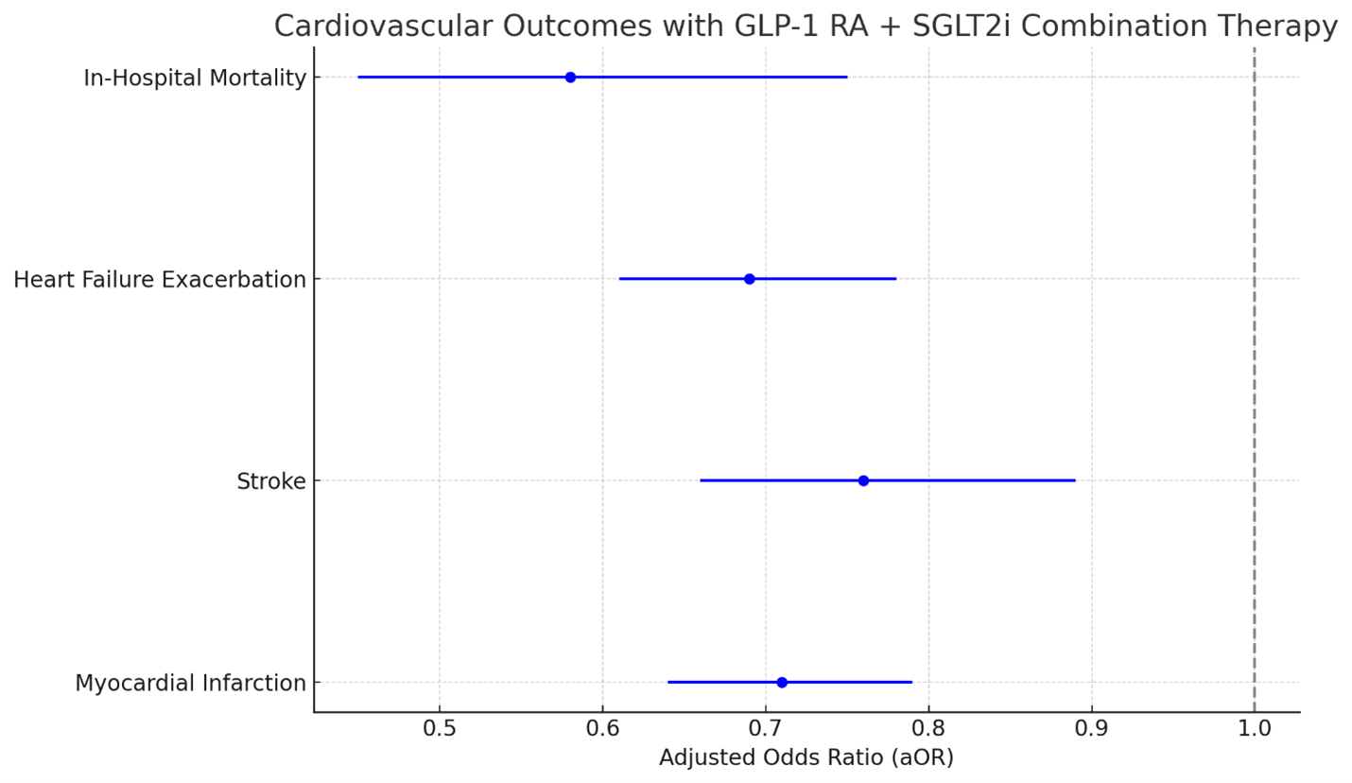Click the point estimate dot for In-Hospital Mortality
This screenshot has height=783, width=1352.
[570, 77]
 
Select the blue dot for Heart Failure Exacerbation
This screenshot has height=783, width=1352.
[750, 279]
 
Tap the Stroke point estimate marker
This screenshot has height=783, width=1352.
[863, 480]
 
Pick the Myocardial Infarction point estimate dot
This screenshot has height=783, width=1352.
[782, 682]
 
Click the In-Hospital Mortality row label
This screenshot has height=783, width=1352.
[195, 78]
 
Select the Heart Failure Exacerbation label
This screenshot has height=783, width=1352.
[160, 280]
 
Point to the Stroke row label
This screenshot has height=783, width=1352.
[271, 481]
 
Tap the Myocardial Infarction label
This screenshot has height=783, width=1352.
[191, 683]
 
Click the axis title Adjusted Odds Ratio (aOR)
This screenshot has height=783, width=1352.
[806, 758]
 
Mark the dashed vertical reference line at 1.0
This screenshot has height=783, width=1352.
[1255, 378]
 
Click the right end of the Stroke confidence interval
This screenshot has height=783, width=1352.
[1075, 480]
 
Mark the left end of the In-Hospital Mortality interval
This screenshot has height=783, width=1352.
[359, 77]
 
